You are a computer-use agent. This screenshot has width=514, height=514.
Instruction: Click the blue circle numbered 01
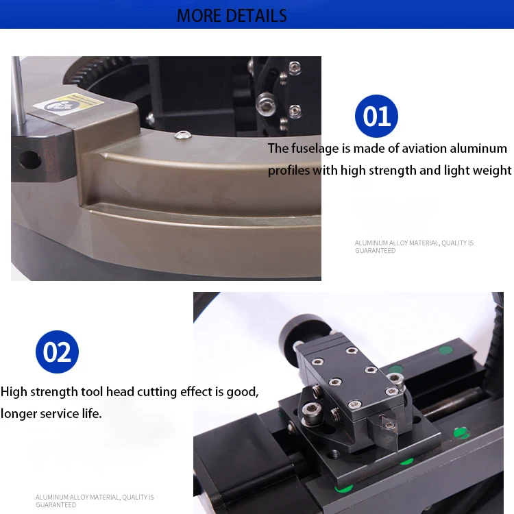coord(376,117)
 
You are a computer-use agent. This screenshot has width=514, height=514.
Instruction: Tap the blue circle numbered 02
coord(57,352)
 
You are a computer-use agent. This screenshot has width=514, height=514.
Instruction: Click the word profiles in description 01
coord(289,171)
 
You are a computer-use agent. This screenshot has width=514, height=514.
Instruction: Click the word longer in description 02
coord(21,414)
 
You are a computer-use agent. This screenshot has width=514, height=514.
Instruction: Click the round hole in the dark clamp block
coord(29,160)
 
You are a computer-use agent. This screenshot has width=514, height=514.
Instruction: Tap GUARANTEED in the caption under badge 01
coord(375,251)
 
